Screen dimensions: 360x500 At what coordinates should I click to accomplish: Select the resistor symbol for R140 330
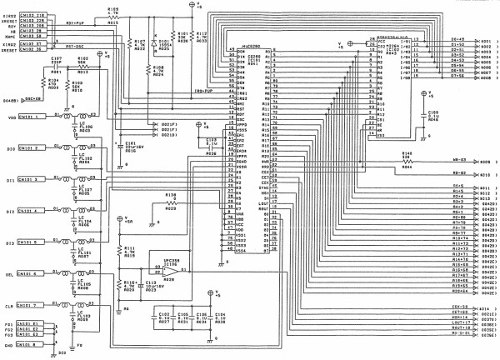407,159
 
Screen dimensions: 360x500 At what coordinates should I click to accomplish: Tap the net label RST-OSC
77,46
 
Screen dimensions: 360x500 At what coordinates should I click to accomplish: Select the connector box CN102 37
34,44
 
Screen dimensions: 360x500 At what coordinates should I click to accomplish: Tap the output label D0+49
457,40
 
